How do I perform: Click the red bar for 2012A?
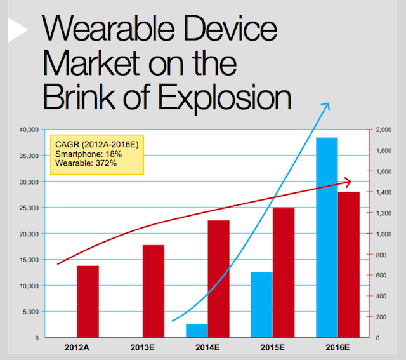[x=88, y=301]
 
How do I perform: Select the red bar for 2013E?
[x=154, y=291]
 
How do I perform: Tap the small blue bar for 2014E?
[x=197, y=330]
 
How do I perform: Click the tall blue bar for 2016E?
[x=327, y=237]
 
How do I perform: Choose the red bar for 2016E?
[x=349, y=264]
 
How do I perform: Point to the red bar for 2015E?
[x=284, y=272]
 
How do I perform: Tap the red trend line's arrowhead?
[x=350, y=182]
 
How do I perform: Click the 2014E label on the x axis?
[x=207, y=349]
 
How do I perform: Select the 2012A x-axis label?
[x=77, y=349]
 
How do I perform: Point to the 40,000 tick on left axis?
[x=27, y=130]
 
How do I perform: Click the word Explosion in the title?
[x=225, y=97]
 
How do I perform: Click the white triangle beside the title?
[x=18, y=30]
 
